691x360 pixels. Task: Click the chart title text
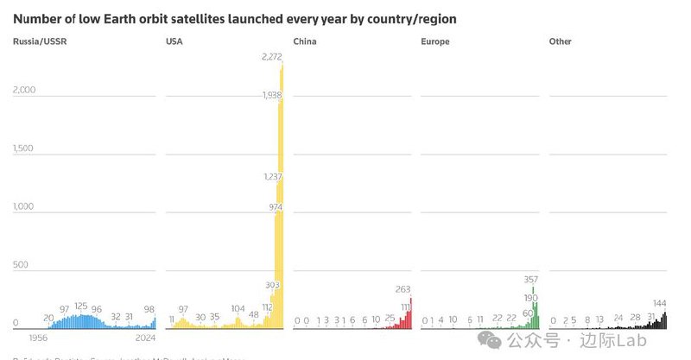click(235, 18)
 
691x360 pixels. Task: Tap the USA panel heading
click(174, 41)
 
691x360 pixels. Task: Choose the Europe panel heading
click(435, 41)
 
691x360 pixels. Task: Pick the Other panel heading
click(561, 41)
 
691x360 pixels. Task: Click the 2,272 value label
click(273, 57)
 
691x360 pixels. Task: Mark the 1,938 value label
click(272, 95)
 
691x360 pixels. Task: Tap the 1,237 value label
click(272, 176)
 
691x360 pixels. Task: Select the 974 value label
click(276, 207)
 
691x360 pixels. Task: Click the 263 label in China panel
click(403, 289)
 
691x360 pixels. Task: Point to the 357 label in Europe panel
click(530, 279)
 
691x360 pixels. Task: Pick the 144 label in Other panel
click(659, 303)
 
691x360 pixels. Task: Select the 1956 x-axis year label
click(38, 339)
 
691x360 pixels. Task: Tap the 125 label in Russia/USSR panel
click(81, 306)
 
